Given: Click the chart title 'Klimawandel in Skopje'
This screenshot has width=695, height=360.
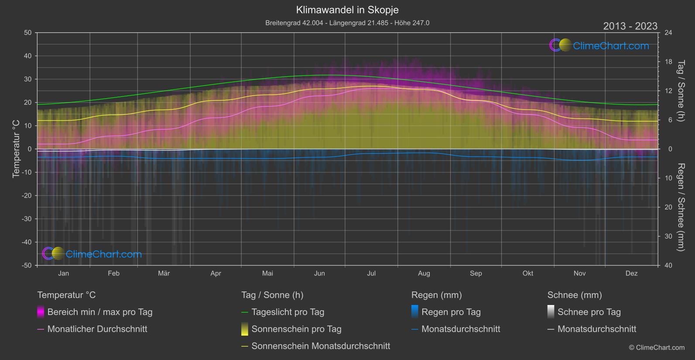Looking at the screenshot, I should click(347, 10).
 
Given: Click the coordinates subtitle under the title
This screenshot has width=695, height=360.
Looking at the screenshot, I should click(347, 23).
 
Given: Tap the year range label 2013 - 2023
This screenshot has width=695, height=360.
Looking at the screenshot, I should click(630, 26).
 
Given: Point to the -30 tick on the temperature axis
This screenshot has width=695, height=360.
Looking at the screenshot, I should click(27, 219).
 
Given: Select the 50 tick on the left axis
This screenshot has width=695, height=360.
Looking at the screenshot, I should click(28, 33).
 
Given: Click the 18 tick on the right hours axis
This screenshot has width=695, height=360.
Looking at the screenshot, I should click(668, 62).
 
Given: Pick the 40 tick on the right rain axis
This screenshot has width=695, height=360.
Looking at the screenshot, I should click(668, 265).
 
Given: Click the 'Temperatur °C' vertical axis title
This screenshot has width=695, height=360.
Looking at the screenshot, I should click(16, 149).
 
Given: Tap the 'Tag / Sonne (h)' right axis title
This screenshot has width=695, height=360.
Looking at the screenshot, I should click(681, 91).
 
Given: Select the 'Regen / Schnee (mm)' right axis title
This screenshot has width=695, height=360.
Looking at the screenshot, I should click(681, 207).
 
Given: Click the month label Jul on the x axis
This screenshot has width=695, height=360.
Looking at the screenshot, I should click(371, 273).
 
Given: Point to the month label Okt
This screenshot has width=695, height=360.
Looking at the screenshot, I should click(528, 273).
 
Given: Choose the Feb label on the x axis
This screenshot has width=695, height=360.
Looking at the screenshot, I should click(113, 273).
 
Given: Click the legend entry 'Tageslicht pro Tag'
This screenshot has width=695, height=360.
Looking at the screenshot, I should click(288, 312).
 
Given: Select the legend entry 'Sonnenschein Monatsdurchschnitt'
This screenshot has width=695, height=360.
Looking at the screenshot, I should click(321, 346).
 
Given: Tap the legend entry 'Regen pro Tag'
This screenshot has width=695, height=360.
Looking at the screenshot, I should click(451, 312).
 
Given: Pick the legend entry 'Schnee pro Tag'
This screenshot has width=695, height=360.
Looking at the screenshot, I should click(589, 312).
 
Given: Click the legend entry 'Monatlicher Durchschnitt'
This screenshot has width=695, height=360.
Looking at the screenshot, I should click(97, 329).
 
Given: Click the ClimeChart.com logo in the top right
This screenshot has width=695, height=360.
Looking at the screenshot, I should click(599, 45).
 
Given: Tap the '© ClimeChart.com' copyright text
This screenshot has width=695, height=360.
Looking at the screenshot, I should click(657, 348).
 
